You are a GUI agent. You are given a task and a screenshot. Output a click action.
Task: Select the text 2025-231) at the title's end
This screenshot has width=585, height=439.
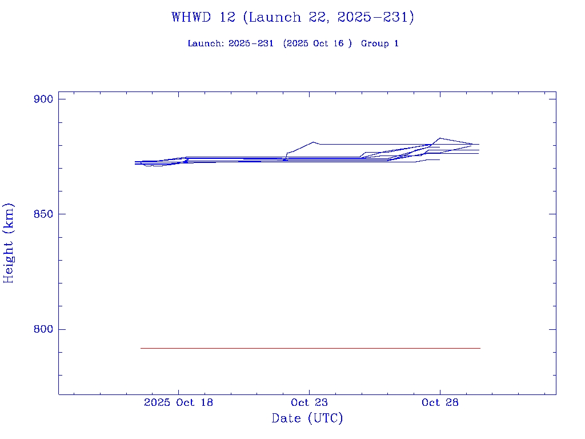[x=375, y=17]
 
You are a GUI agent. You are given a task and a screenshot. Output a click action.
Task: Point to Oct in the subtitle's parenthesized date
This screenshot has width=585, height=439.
[x=322, y=43]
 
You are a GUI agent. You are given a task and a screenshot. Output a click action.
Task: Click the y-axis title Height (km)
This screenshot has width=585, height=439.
[x=9, y=243]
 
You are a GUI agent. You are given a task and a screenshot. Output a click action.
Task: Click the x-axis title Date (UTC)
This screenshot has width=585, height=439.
[x=307, y=418]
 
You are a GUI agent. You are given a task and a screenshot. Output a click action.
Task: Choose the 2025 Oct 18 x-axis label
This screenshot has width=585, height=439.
[x=178, y=402]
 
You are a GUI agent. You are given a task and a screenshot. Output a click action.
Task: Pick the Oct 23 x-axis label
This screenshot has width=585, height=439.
[x=309, y=402]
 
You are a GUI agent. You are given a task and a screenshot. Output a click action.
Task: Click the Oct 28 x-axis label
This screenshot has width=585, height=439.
[x=440, y=402]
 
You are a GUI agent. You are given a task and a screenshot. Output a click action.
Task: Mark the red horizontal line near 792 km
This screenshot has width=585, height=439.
[x=310, y=348]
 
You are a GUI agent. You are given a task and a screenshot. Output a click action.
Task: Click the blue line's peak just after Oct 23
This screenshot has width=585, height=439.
[x=314, y=142]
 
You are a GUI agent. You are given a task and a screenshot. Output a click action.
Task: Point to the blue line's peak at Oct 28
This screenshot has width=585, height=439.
[x=439, y=138]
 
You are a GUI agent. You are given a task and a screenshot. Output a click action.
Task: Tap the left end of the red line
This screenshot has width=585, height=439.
[x=141, y=348]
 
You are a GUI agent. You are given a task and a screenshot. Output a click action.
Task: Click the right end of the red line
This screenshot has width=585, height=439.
[x=480, y=348]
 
